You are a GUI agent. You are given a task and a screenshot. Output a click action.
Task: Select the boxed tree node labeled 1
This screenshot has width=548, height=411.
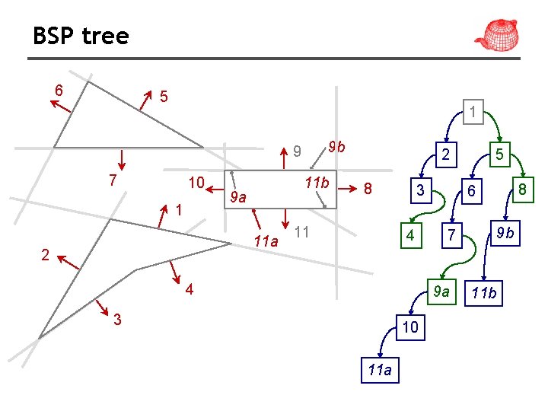point(473,113)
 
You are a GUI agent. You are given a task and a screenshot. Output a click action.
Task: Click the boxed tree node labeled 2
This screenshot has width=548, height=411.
point(446,155)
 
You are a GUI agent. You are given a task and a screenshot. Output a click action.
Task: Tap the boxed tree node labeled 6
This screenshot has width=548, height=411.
point(472,193)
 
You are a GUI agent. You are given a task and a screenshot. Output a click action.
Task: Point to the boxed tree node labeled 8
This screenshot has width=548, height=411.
point(522,190)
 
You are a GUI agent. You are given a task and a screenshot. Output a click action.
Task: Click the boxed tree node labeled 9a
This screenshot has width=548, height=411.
point(441,290)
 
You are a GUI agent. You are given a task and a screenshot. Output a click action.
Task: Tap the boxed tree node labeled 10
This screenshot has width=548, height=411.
point(410,328)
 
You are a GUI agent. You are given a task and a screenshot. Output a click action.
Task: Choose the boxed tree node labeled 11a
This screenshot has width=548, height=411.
point(379,370)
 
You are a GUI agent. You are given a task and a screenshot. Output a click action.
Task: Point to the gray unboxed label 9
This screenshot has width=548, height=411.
point(298,151)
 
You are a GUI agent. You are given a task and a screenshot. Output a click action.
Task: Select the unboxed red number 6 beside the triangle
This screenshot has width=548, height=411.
point(59,91)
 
